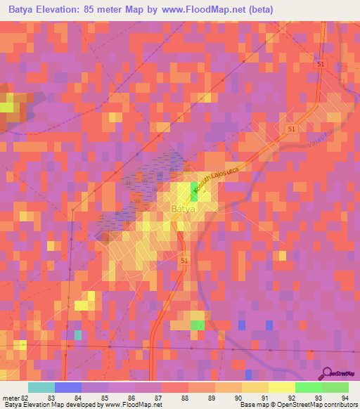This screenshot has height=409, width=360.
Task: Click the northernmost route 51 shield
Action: (321, 64)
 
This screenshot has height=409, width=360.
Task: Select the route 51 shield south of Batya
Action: (185, 260)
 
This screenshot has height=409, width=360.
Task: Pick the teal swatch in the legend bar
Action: (41, 387)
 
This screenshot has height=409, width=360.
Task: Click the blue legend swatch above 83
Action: (68, 387)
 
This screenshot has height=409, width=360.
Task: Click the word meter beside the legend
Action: (10, 397)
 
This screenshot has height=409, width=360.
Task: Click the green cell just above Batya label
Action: (194, 193)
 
